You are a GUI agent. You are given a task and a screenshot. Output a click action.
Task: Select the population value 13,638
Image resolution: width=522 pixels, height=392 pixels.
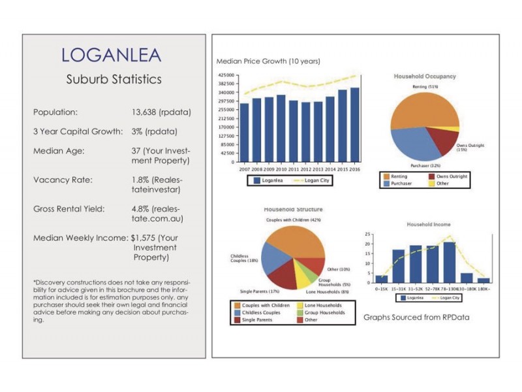(149, 112)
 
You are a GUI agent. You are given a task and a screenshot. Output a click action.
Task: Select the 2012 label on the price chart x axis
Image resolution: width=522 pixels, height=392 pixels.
(305, 168)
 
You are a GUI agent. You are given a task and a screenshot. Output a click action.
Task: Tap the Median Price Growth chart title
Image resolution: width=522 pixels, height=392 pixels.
(268, 61)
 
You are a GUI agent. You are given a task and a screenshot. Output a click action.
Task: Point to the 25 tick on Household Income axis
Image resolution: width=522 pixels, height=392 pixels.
(369, 234)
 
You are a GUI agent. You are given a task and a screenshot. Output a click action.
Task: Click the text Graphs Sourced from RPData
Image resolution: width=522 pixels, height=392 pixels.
(416, 317)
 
